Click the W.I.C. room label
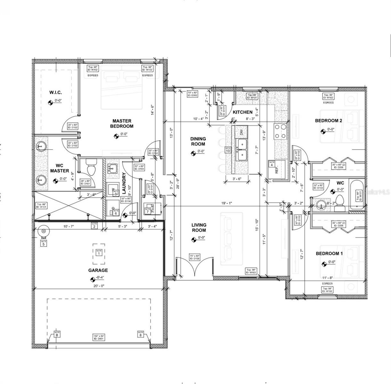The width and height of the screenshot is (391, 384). click(55, 92)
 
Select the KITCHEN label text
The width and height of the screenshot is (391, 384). click(242, 112)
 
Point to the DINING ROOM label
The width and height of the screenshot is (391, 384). click(198, 141)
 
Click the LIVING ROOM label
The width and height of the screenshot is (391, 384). click(199, 228)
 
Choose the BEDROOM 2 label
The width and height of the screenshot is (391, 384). click(329, 121)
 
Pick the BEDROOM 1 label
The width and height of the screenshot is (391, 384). click(329, 253)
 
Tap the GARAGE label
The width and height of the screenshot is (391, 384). click(98, 270)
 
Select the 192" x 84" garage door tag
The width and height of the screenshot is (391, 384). click(99, 337)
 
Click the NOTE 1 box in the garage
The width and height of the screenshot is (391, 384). click(99, 252)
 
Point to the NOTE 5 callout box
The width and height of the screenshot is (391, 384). click(44, 243)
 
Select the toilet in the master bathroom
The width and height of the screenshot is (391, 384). click(91, 169)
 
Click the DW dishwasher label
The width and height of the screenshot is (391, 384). click(241, 132)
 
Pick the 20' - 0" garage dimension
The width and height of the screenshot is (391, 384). click(98, 286)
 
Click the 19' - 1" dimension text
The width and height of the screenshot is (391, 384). click(226, 203)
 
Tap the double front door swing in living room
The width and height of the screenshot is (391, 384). click(195, 266)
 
